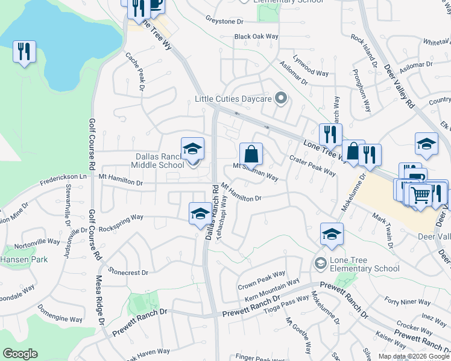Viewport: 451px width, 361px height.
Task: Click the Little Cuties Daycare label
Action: [x=232, y=99]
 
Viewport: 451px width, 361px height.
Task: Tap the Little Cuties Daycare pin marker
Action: [x=279, y=97]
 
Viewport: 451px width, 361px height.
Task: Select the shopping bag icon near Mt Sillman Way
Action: [x=251, y=153]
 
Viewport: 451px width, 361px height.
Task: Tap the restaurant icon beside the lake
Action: [x=24, y=51]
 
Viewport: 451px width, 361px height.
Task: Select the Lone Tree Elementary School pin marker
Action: [x=320, y=263]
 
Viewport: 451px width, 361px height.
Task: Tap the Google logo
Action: [x=20, y=353]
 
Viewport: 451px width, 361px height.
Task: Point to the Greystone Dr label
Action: [x=224, y=20]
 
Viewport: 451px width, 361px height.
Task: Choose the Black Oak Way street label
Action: [x=257, y=37]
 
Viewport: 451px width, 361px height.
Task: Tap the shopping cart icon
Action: [x=420, y=194]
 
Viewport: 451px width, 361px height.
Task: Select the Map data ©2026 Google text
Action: [x=413, y=356]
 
